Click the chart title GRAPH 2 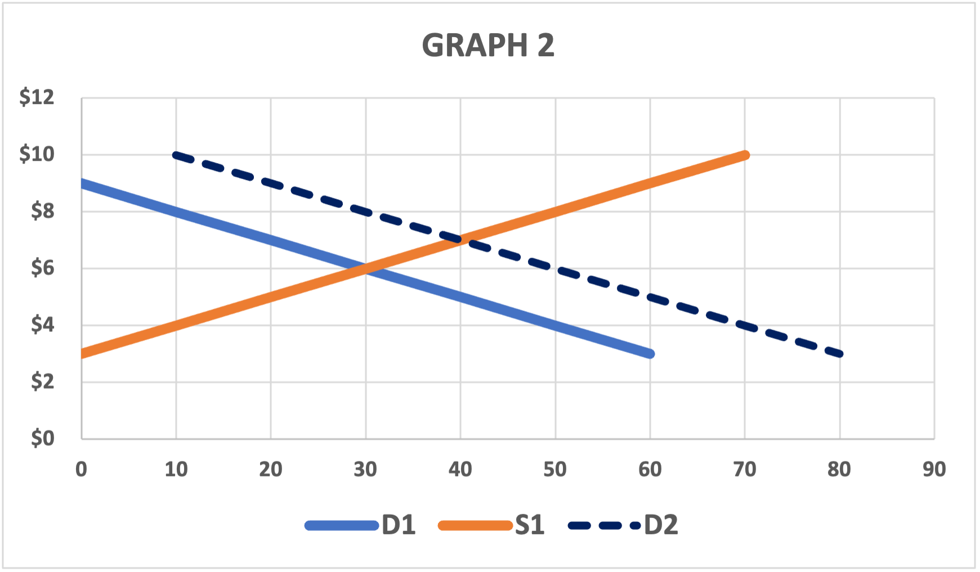pyautogui.click(x=488, y=46)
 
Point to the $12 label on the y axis pyautogui.click(x=37, y=97)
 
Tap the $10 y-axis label pyautogui.click(x=37, y=154)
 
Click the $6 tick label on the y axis pyautogui.click(x=42, y=268)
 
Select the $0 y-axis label pyautogui.click(x=42, y=438)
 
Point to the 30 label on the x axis pyautogui.click(x=365, y=469)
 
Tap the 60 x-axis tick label pyautogui.click(x=650, y=469)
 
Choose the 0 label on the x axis pyautogui.click(x=82, y=469)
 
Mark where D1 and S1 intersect pyautogui.click(x=366, y=268)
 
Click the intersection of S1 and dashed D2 pyautogui.click(x=461, y=240)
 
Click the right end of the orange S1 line pyautogui.click(x=745, y=155)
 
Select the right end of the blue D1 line pyautogui.click(x=650, y=354)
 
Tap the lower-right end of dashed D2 pyautogui.click(x=840, y=354)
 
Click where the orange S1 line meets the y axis pyautogui.click(x=82, y=354)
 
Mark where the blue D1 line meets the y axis pyautogui.click(x=82, y=183)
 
